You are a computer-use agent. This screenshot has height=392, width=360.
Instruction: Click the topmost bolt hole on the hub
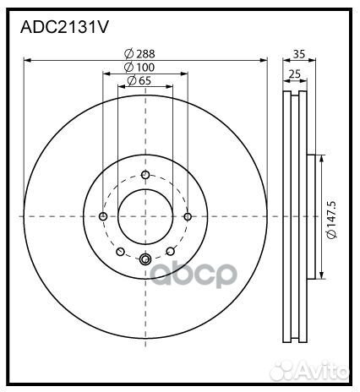[x=145, y=175]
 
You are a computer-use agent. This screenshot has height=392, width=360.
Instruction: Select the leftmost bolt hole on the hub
[x=103, y=215]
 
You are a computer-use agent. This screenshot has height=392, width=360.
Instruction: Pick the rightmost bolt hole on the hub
[x=188, y=215]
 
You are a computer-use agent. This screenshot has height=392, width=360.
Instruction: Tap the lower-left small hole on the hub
[x=121, y=251]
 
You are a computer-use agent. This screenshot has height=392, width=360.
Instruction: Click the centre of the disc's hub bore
[x=145, y=215]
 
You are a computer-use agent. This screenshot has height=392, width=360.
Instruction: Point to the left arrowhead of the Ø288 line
[x=27, y=60]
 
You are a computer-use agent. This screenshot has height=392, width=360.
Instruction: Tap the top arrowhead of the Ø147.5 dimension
[x=321, y=158]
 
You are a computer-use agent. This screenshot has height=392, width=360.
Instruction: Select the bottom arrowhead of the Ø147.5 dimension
[x=321, y=275]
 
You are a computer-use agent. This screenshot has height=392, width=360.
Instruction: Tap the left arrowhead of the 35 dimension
[x=281, y=60]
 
